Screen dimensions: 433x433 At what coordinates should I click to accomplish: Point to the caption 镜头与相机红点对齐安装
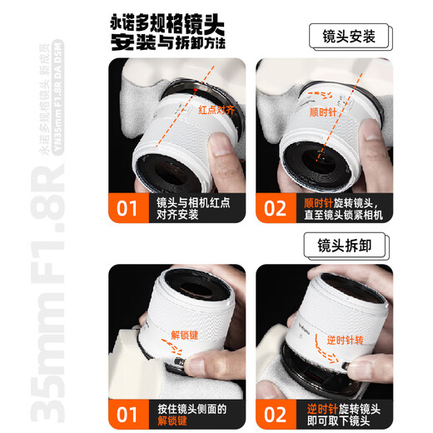[191, 207]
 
